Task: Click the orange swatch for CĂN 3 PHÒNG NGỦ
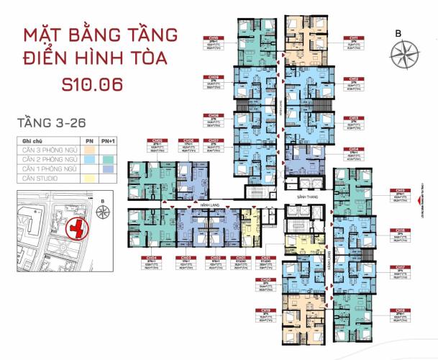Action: pos(88,151)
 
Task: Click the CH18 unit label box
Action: pos(398,315)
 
